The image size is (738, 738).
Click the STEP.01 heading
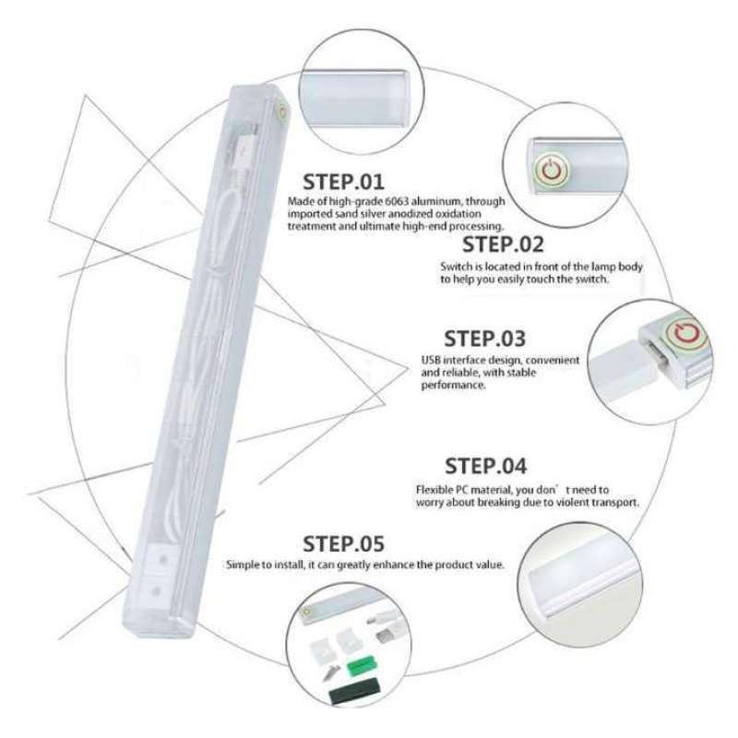343,180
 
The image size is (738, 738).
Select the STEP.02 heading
503,244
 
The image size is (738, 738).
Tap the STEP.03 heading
485,338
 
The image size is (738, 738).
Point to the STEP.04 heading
486,465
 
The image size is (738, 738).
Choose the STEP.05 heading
344,543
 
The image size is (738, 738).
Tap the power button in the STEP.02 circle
552,169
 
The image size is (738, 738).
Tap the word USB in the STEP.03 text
431,360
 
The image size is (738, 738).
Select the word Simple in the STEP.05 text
244,565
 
